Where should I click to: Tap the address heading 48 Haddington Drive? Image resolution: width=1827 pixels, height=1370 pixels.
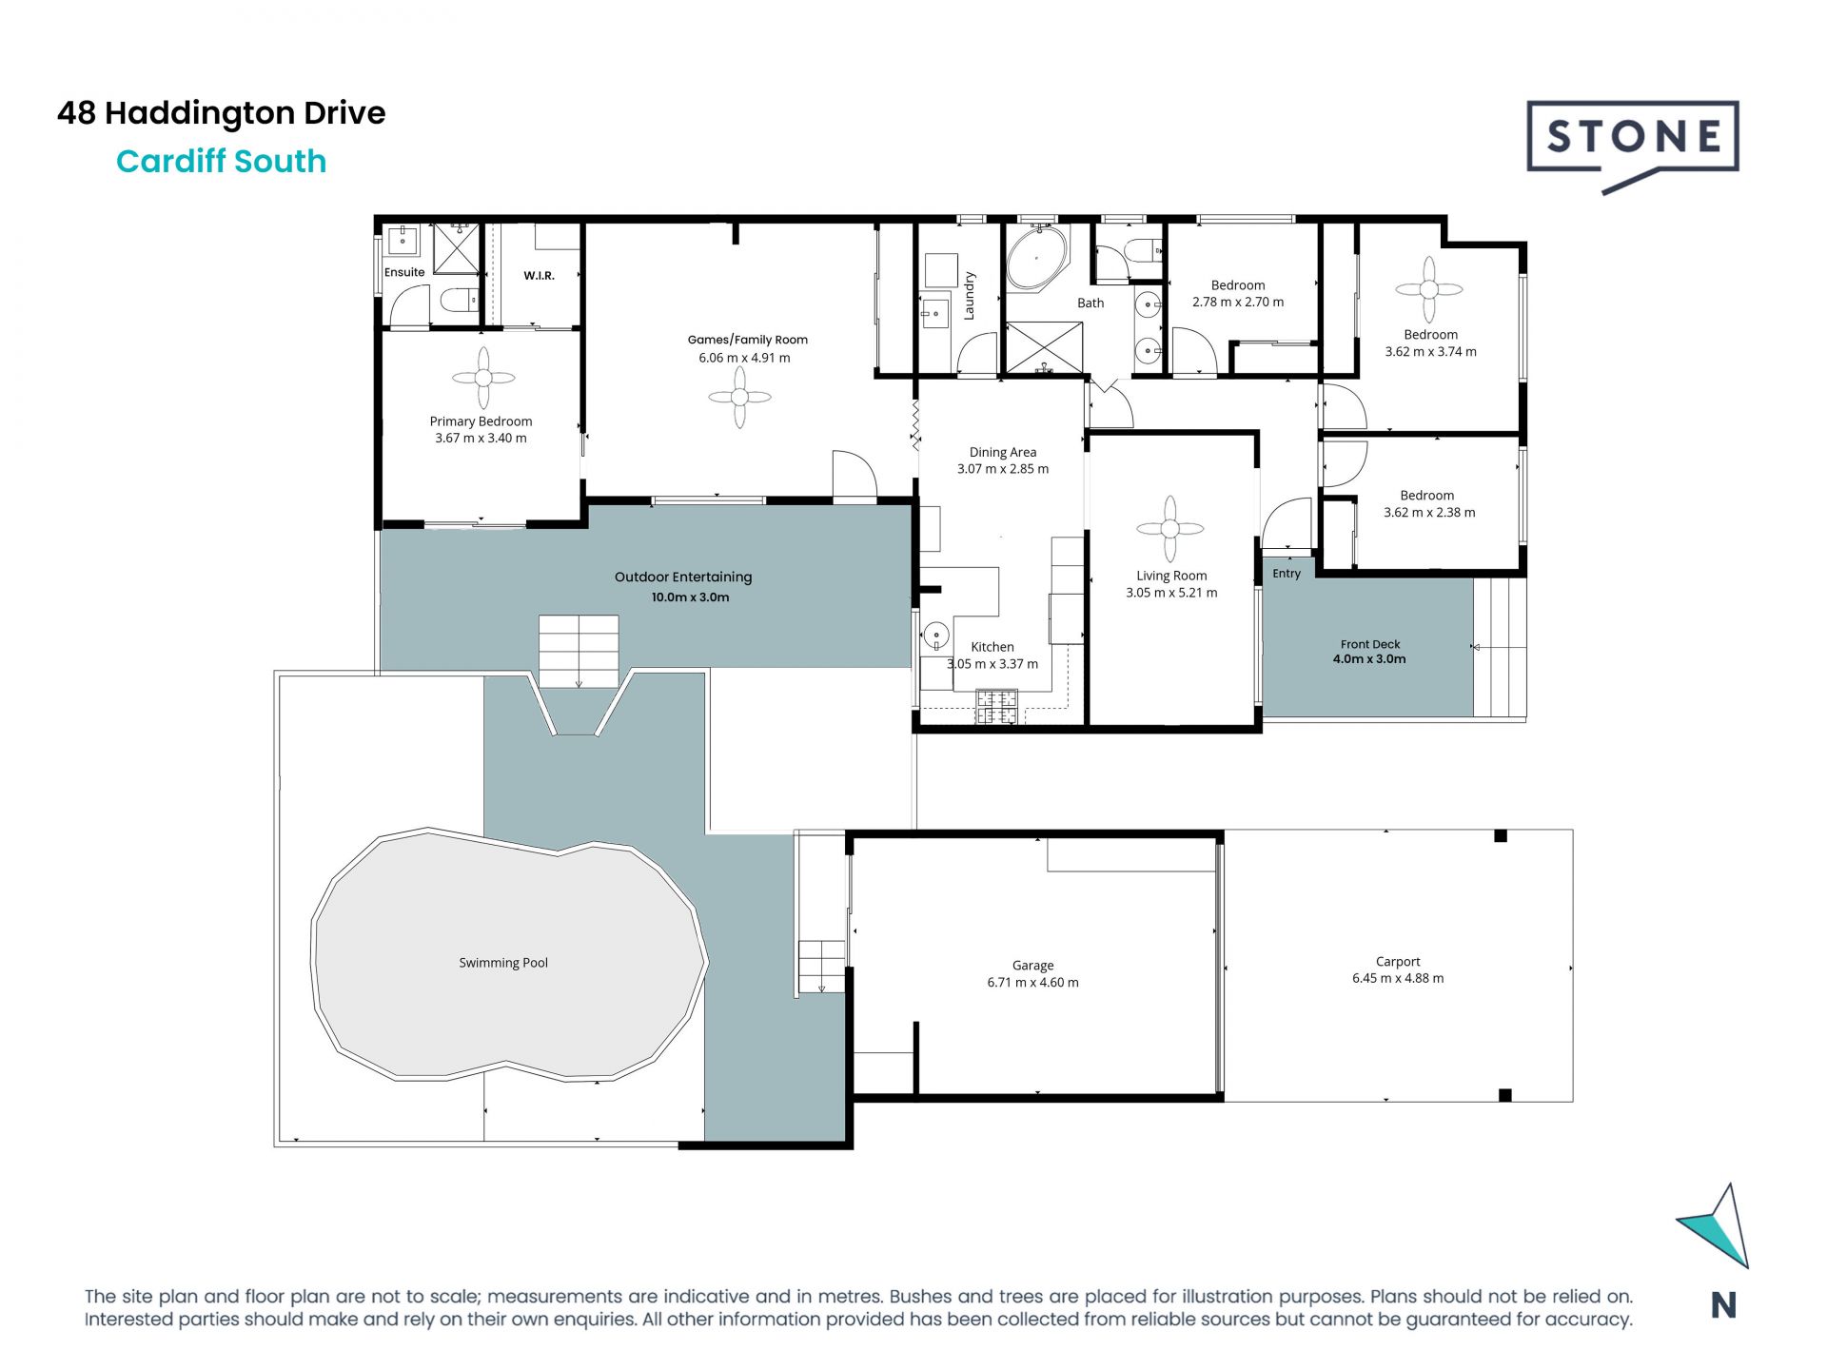click(222, 113)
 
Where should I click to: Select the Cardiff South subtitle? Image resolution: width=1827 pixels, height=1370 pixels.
click(222, 161)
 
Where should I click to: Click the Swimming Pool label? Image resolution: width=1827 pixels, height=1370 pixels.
click(503, 963)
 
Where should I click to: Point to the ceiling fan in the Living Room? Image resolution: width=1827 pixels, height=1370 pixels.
click(1169, 528)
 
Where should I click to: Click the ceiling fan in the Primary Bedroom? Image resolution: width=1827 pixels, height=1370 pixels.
click(483, 378)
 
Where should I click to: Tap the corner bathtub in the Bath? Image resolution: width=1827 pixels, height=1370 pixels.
click(1038, 257)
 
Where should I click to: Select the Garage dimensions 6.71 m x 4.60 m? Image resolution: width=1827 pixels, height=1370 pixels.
click(1032, 983)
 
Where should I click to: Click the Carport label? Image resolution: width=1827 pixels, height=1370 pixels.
click(1398, 962)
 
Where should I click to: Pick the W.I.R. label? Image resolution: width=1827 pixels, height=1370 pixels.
click(539, 276)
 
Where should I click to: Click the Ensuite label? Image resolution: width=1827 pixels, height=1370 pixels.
click(404, 272)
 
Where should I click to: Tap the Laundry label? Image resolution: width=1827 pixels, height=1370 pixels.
click(970, 296)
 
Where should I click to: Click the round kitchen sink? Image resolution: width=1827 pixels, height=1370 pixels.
click(937, 635)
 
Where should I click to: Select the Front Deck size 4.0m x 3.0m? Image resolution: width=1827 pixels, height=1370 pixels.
click(1369, 659)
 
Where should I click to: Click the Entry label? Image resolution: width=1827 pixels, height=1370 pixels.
click(1287, 574)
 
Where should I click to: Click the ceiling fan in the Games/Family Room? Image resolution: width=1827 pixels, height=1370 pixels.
click(740, 397)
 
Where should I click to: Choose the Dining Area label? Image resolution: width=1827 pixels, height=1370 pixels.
click(1003, 452)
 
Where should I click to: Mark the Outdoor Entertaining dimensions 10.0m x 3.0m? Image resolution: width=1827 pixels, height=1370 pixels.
click(690, 597)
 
